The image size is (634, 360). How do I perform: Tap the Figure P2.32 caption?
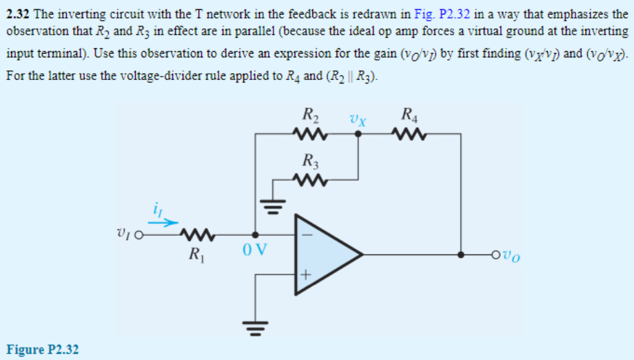[x=43, y=350]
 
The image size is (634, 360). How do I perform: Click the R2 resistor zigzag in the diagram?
[x=308, y=132]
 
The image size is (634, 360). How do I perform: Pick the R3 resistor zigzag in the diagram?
[x=308, y=181]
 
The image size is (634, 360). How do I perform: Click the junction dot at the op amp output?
[x=460, y=254]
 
